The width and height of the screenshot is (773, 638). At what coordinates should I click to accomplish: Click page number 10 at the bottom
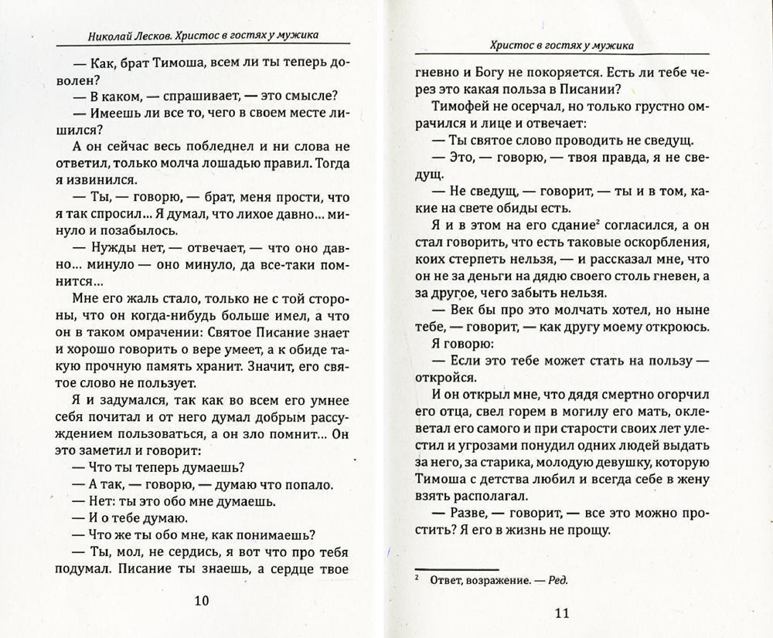tap(199, 600)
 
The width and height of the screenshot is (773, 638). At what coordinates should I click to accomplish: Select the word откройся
tap(441, 378)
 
